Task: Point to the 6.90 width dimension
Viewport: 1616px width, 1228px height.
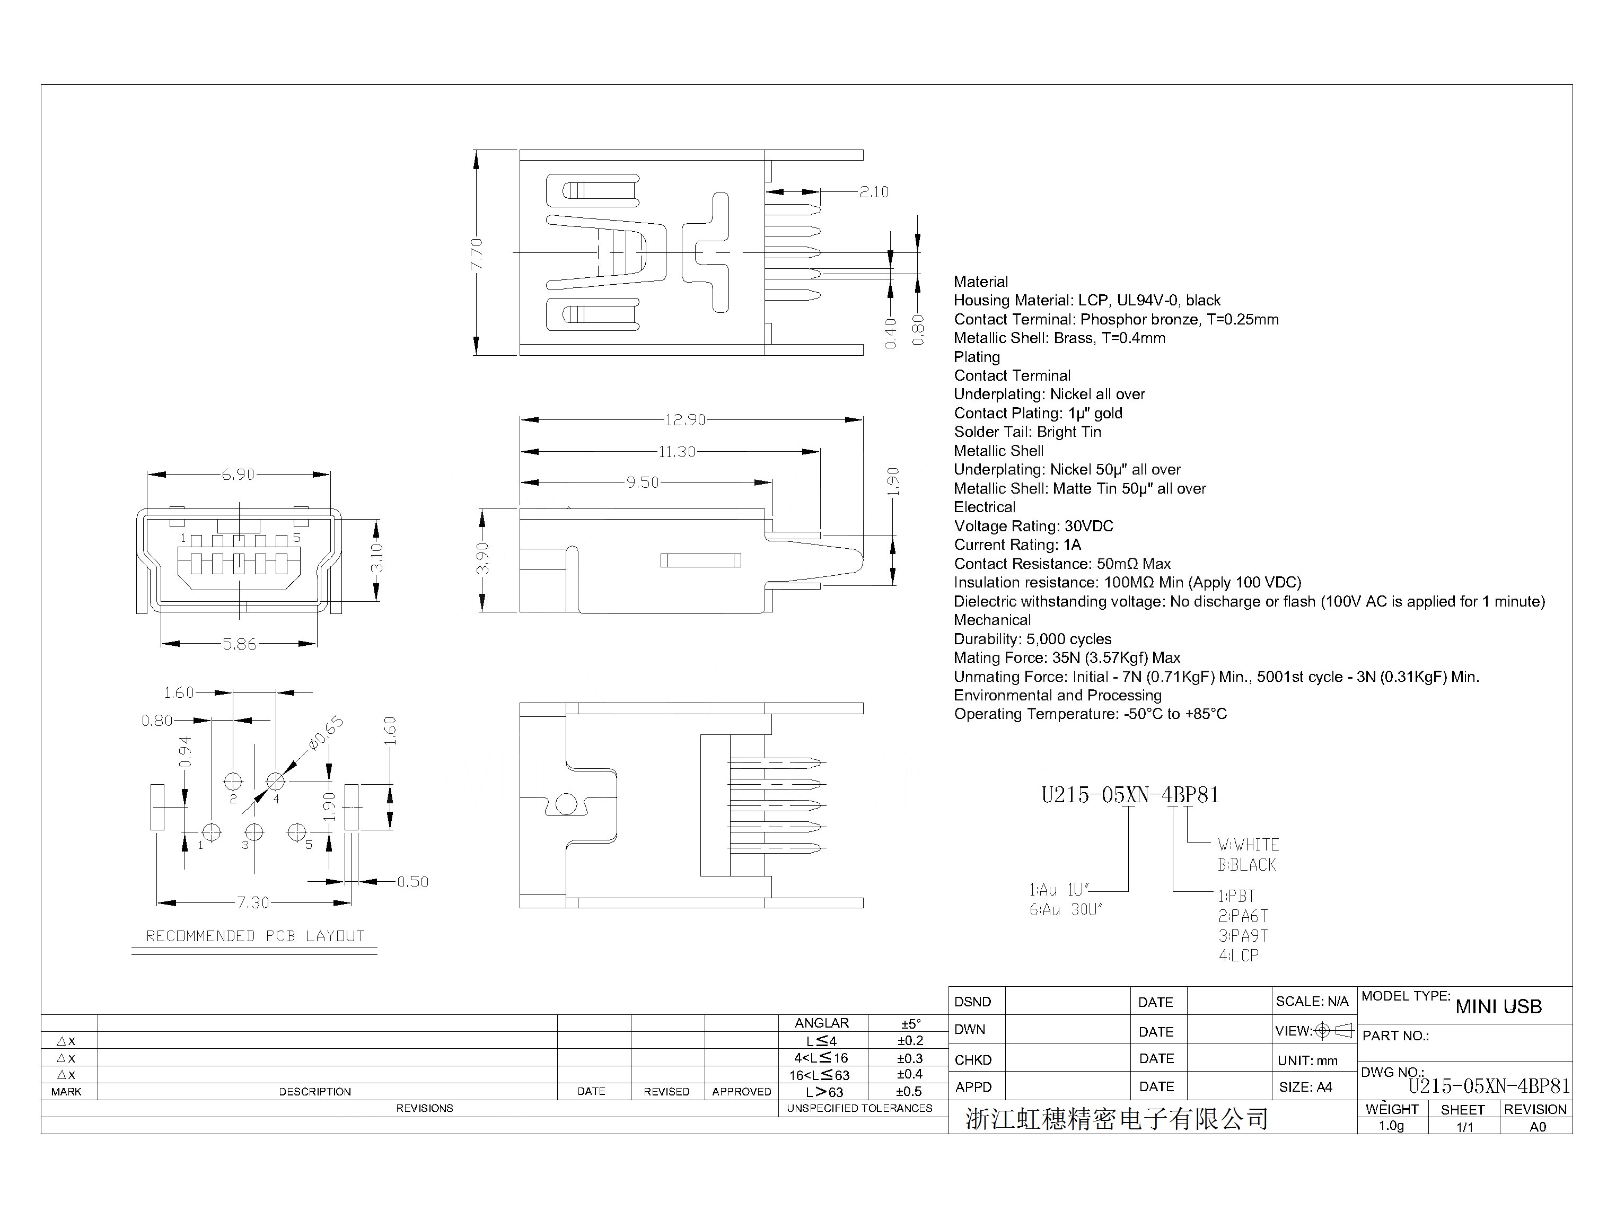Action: pyautogui.click(x=238, y=475)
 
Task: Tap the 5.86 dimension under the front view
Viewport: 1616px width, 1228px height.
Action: pyautogui.click(x=240, y=644)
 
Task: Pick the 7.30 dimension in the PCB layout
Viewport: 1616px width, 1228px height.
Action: pyautogui.click(x=253, y=903)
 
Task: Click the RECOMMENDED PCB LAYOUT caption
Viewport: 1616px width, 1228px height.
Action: pyautogui.click(x=255, y=936)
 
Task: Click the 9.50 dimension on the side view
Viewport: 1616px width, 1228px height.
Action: pyautogui.click(x=643, y=483)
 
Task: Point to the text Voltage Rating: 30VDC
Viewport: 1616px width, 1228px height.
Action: pyautogui.click(x=1033, y=527)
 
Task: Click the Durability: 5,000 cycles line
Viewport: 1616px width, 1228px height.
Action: pyautogui.click(x=1032, y=639)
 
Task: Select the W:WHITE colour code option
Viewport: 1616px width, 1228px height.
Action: pyautogui.click(x=1248, y=845)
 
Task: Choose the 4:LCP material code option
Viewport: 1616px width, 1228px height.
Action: pyautogui.click(x=1238, y=955)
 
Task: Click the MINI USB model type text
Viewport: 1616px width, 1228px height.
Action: pyautogui.click(x=1498, y=1007)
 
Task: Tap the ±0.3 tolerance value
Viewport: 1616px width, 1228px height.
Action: pyautogui.click(x=909, y=1058)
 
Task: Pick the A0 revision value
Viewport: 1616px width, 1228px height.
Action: pyautogui.click(x=1537, y=1127)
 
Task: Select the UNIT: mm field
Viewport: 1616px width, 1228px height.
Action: pyautogui.click(x=1307, y=1060)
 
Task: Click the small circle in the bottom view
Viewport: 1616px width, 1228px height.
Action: pyautogui.click(x=566, y=805)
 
